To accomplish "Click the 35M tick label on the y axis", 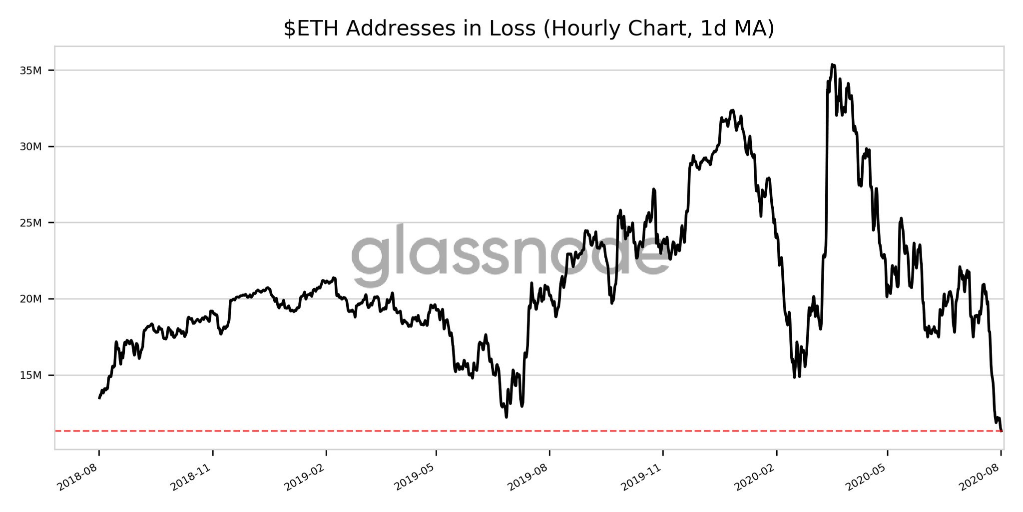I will tap(30, 70).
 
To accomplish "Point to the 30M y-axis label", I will tap(30, 147).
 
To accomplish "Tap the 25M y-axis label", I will tap(30, 223).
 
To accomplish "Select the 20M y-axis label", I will tap(30, 299).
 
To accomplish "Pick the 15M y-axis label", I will tap(30, 375).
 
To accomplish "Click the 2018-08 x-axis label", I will tap(78, 477).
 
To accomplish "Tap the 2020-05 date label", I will tap(866, 477).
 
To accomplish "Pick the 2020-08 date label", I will tap(980, 477).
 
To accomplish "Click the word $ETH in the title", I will tap(312, 29).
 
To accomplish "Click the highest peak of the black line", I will tap(832, 64).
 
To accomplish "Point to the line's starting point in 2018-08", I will tap(99, 398).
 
